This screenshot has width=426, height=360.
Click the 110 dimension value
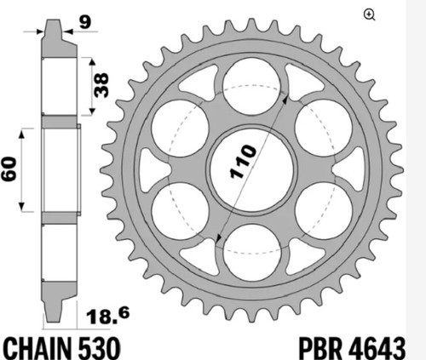click(243, 162)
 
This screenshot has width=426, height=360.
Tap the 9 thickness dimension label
click(85, 22)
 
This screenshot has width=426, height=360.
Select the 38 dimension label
click(101, 85)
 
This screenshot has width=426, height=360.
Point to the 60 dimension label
click(9, 169)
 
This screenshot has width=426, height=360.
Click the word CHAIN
click(37, 348)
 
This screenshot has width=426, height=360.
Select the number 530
click(99, 348)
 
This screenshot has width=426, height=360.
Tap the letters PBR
click(320, 348)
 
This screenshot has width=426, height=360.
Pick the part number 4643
click(377, 348)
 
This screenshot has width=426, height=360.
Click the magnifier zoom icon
click(369, 14)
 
